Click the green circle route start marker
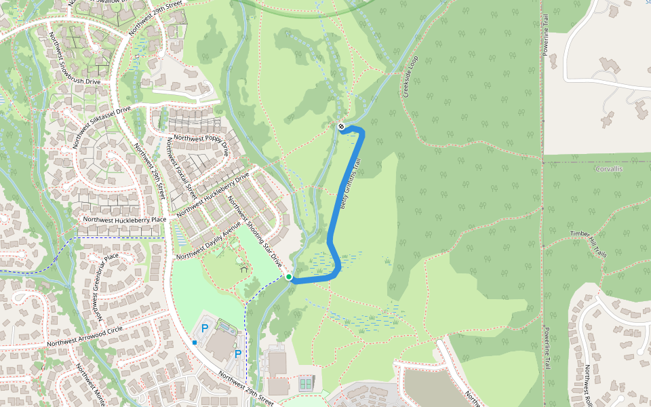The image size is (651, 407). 289,277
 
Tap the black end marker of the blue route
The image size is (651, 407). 341,125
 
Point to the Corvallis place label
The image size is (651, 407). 608,168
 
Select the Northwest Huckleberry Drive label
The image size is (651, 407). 212,195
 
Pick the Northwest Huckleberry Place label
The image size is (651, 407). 124,220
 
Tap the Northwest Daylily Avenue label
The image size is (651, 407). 208,241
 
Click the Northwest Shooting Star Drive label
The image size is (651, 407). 254,230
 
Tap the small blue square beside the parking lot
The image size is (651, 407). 195,343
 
